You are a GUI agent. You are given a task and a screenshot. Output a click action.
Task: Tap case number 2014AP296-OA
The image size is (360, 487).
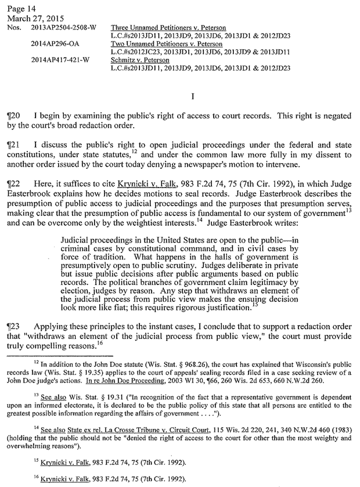point(55,43)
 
